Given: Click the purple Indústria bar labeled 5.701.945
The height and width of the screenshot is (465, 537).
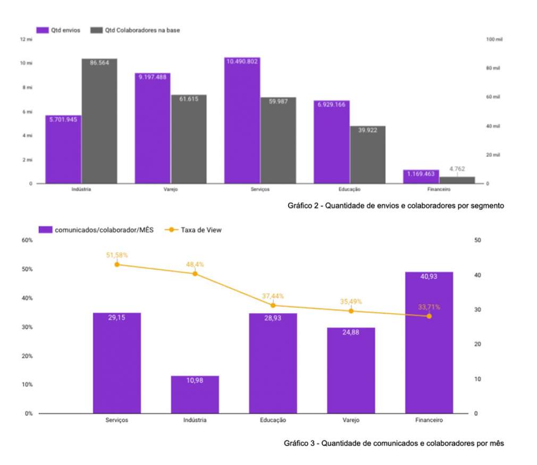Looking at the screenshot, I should (63, 149).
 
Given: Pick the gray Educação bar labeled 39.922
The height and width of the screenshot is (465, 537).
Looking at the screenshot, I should (367, 154).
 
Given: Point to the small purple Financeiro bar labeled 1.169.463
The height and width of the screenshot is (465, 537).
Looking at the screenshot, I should (421, 177).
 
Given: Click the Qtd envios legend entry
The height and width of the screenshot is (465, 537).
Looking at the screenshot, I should (58, 30).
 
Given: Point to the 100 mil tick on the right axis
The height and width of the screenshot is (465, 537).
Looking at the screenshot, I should (494, 39).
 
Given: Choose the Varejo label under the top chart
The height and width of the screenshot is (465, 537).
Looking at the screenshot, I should (171, 190).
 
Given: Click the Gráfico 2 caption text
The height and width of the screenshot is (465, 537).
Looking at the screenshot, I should (396, 205).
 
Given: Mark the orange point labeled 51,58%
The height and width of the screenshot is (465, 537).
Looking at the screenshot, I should (117, 264).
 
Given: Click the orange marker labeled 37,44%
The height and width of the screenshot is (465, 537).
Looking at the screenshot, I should (273, 305).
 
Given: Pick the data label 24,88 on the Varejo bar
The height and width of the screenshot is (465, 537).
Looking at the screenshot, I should (351, 333).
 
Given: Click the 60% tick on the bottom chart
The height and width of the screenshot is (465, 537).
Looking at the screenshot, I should (27, 240).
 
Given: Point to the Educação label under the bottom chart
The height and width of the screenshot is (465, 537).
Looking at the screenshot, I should (273, 420).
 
